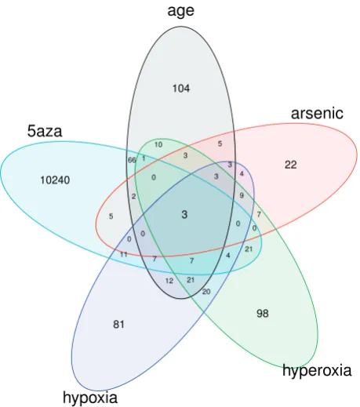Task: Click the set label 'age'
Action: click(180, 11)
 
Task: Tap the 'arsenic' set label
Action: click(317, 114)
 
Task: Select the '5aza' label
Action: click(45, 131)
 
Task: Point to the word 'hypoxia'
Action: click(90, 398)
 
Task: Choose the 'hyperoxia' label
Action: click(317, 371)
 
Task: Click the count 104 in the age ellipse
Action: click(181, 89)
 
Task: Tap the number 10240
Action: click(55, 180)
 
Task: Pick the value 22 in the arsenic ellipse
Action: click(291, 165)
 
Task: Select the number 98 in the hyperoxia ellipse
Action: click(263, 313)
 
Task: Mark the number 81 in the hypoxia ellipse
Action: click(118, 325)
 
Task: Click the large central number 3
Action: click(184, 215)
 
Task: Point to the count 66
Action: click(132, 160)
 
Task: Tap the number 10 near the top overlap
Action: click(158, 144)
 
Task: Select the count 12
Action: click(169, 281)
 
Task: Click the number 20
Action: click(206, 292)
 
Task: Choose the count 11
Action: click(124, 254)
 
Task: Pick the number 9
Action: click(242, 195)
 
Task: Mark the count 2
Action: click(133, 196)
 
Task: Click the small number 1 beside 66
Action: click(144, 158)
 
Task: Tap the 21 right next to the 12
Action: click(191, 280)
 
